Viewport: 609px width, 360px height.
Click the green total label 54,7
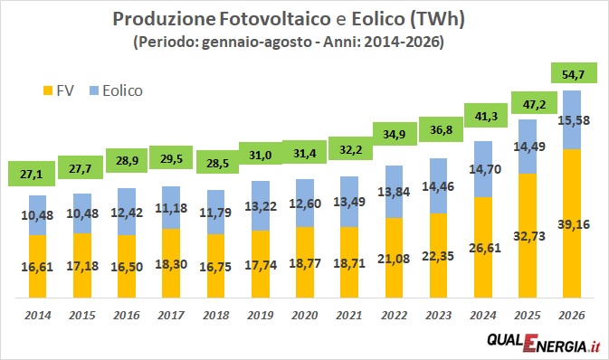(574, 73)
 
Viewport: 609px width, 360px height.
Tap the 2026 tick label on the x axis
(571, 315)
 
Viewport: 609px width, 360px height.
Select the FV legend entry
(58, 90)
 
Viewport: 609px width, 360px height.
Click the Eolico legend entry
(116, 90)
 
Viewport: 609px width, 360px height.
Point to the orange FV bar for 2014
(38, 267)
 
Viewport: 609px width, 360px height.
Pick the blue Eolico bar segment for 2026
(571, 120)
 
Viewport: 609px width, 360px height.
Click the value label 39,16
(574, 224)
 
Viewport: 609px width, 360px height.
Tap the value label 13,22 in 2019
(261, 206)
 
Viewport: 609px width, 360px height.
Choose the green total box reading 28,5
(217, 163)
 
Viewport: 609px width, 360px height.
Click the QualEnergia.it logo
(544, 343)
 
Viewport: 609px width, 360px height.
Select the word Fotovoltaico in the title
(274, 19)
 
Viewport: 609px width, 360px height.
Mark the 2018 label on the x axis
(216, 315)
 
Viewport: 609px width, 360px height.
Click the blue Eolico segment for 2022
(394, 192)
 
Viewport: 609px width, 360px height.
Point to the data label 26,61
(485, 248)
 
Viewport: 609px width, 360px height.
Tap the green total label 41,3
(486, 116)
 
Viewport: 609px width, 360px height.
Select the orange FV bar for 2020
(305, 262)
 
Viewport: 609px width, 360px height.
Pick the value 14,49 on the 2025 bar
(529, 147)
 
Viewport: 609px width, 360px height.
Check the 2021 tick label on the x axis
(349, 315)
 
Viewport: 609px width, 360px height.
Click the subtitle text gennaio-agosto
(257, 42)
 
